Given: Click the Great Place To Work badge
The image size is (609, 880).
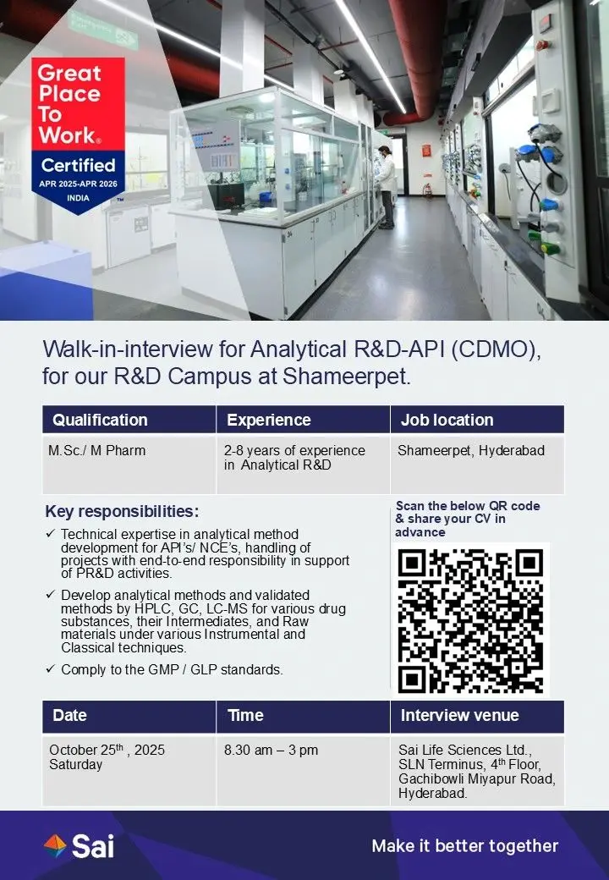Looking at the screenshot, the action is (x=78, y=135).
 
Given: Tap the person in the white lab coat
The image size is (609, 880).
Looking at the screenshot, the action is (x=386, y=187).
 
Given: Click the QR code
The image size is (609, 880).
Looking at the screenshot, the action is (x=470, y=621).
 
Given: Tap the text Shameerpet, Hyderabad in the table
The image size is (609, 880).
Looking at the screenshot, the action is (x=471, y=451).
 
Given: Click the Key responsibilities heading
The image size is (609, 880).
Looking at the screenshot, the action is (x=123, y=511).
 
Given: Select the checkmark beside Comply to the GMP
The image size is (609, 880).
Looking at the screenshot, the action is (x=51, y=668).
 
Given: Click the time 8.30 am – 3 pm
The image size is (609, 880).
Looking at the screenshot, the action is (x=271, y=751).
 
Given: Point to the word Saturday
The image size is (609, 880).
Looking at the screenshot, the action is (x=76, y=764).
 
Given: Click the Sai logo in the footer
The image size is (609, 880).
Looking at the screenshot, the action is (x=79, y=846).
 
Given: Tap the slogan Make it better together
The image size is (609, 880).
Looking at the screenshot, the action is (x=465, y=846).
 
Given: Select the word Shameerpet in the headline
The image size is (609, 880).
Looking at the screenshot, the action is (x=346, y=377).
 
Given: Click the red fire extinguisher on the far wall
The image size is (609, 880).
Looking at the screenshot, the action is (x=428, y=191).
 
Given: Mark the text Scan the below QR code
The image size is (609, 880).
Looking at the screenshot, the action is (x=468, y=506).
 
